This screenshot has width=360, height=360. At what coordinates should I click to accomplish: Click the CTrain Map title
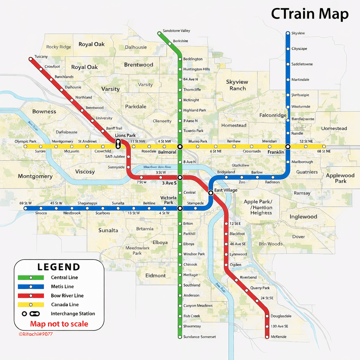[309, 14]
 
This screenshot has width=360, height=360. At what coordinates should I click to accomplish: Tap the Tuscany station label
[41, 57]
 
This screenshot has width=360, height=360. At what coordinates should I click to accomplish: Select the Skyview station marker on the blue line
[288, 33]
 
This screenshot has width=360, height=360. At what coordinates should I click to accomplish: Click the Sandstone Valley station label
[176, 31]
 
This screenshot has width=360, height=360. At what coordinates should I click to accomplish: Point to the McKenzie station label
[278, 337]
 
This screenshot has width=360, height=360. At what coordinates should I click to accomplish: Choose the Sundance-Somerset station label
[199, 337]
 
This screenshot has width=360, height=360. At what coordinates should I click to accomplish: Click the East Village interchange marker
[211, 193]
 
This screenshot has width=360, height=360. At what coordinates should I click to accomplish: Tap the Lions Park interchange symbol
[118, 143]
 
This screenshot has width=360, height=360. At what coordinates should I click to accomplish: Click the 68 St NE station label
[323, 151]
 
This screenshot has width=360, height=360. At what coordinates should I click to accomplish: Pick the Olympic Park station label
[25, 141]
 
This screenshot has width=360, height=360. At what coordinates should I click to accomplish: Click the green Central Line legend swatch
[31, 277]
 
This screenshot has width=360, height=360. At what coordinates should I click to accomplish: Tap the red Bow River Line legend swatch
[31, 296]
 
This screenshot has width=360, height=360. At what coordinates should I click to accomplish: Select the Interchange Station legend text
[73, 314]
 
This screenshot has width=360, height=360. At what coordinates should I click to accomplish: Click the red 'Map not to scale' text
[59, 324]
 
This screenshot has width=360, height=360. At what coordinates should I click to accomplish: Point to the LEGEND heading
[59, 267]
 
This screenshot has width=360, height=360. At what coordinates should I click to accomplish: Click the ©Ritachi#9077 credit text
[36, 334]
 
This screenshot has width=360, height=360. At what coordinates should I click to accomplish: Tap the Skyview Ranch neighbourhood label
[237, 85]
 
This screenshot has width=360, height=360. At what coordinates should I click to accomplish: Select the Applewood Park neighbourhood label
[340, 178]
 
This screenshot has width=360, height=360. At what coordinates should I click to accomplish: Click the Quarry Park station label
[260, 288]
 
